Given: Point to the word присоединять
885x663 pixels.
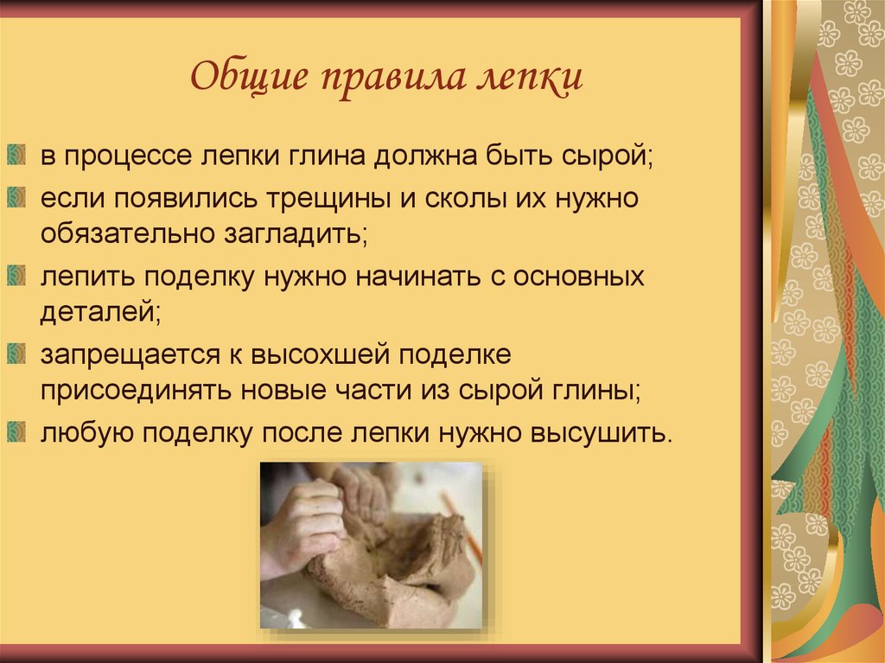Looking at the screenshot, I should [132, 390].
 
